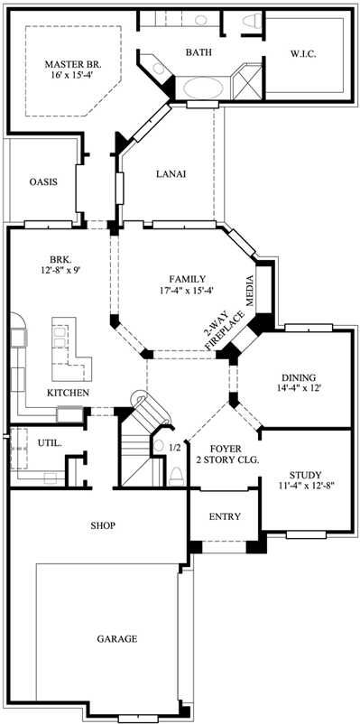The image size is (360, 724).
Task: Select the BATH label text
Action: click(199, 53)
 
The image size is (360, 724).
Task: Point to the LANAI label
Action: click(171, 174)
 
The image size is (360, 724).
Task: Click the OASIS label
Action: click(42, 181)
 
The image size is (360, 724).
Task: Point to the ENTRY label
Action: click(224, 516)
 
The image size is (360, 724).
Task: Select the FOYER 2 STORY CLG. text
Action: click(226, 454)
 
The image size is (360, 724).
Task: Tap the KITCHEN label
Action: click(69, 394)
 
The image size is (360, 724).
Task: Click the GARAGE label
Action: click(117, 639)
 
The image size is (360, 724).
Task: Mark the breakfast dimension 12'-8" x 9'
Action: click(59, 268)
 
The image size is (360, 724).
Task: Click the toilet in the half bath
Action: click(175, 475)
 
